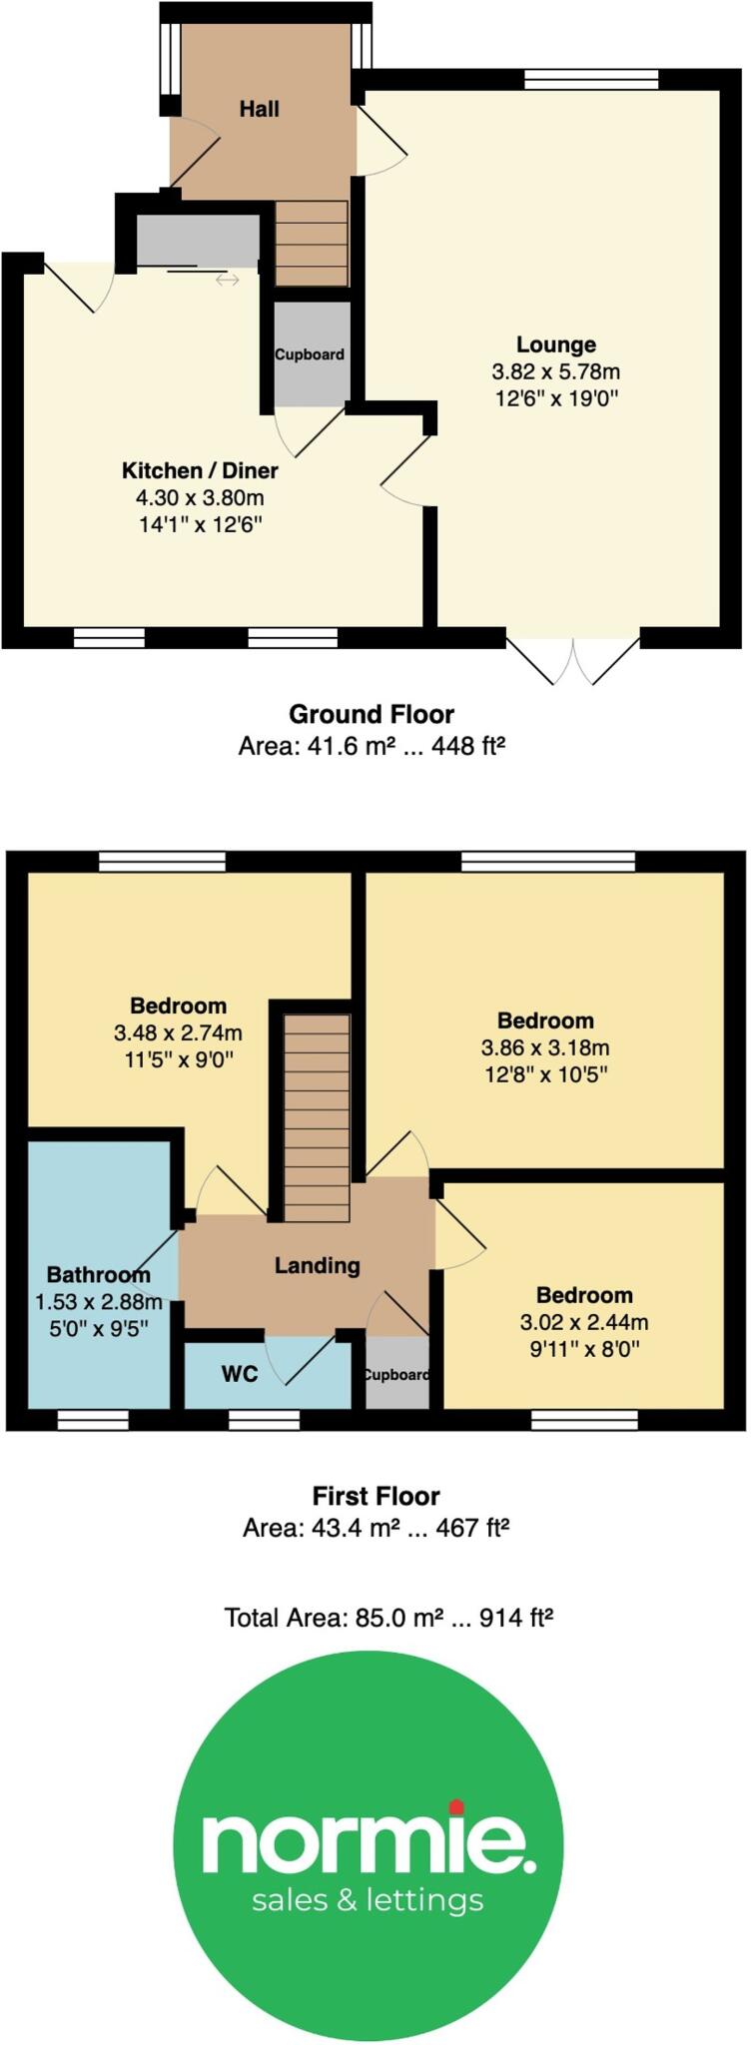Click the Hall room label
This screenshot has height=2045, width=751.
pos(259,109)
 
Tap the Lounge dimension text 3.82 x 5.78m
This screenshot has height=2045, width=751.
pos(555,371)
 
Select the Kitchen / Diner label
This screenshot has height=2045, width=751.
pos(200,470)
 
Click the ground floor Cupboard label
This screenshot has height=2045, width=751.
pos(310,354)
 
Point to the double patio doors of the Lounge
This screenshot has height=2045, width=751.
pos(573,659)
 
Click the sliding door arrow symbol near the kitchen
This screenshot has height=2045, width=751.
pos(228,281)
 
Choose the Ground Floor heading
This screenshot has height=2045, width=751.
pos(372,714)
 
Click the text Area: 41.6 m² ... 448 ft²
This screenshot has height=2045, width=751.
pos(372,746)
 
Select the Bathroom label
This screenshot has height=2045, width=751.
pos(98,1274)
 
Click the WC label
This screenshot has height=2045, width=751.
pos(240,1374)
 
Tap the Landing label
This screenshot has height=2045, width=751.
pos(317,1265)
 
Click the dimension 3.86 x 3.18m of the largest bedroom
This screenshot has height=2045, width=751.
pos(545,1047)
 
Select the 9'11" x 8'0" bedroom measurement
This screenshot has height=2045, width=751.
pos(584,1349)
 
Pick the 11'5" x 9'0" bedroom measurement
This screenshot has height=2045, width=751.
pos(178,1059)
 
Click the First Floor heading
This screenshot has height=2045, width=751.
pos(375,1496)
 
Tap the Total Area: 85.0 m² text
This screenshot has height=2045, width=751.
pos(387,1617)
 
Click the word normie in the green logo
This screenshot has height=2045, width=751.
pos(368,1842)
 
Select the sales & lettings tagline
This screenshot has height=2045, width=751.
pos(368,1899)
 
